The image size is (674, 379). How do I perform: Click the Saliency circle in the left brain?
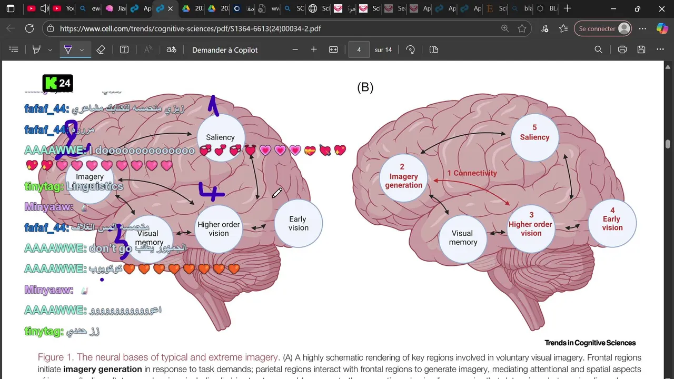(221, 137)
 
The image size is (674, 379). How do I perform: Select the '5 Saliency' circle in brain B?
(534, 133)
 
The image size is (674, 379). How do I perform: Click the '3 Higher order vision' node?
(531, 224)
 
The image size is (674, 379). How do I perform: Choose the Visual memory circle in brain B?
(463, 237)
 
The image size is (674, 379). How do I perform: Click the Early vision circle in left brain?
(298, 223)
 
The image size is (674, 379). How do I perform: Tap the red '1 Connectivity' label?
(472, 173)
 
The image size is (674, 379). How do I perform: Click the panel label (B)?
(365, 88)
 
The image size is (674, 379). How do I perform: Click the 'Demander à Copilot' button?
(225, 50)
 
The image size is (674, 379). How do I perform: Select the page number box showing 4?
(359, 49)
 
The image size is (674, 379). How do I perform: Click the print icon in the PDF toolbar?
(622, 49)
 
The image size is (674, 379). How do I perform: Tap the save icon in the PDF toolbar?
(641, 49)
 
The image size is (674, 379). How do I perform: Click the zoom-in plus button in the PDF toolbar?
(314, 49)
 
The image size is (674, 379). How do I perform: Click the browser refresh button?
(29, 29)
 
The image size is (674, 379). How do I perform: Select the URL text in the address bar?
(190, 29)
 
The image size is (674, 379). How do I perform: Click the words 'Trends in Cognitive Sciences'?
(590, 343)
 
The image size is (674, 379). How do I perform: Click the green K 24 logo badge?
(58, 83)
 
